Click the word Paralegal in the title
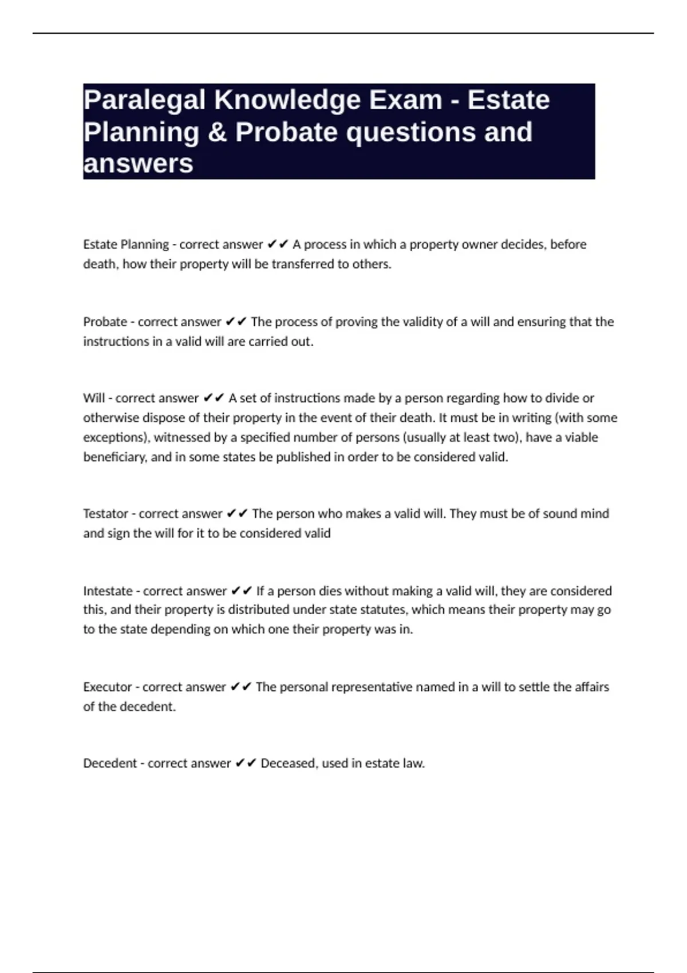pos(144,100)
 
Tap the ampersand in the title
pos(218,132)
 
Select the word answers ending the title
pos(138,164)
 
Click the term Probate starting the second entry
pos(105,322)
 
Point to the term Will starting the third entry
pos(93,398)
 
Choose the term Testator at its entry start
pos(105,513)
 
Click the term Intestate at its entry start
pos(106,591)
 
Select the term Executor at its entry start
pos(106,687)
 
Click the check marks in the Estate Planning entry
pos(278,244)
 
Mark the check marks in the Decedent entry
pos(246,763)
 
